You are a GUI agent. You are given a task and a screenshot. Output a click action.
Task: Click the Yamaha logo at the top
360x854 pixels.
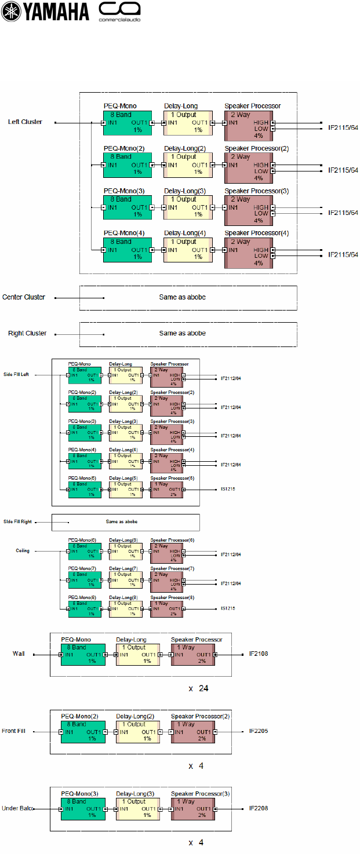pos(45,12)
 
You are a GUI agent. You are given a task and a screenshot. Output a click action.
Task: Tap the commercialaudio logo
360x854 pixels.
pos(119,12)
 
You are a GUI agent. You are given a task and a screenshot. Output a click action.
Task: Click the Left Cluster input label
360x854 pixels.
pos(25,122)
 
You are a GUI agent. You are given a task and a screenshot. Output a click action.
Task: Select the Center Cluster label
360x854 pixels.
pos(24,297)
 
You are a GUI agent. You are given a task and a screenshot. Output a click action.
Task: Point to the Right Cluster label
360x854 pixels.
pos(27,334)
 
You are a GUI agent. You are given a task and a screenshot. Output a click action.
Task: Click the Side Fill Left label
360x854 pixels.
pos(16,375)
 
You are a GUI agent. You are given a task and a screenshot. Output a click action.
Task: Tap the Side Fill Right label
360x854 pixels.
pos(17,521)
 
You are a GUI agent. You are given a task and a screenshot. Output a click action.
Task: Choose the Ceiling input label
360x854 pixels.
pos(23,551)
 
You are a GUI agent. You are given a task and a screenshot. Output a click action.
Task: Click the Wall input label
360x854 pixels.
pos(19,654)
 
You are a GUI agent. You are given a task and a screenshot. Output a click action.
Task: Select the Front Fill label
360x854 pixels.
pos(17,731)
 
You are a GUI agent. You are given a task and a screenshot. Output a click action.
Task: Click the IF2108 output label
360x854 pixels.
pos(258,654)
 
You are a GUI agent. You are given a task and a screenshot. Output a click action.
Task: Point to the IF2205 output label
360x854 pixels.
pos(259,731)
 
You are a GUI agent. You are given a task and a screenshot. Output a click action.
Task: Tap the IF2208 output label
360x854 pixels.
pos(259,808)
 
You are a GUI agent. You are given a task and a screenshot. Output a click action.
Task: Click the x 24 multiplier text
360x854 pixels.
pos(198,689)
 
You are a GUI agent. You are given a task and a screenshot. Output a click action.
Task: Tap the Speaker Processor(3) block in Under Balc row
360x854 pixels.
pos(193,808)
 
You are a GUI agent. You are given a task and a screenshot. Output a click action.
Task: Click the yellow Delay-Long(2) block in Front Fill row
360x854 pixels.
pos(137,732)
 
